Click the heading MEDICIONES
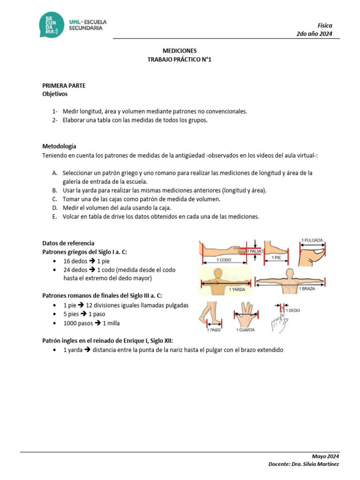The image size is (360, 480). pos(180,51)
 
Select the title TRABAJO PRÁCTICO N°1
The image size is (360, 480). pos(180,60)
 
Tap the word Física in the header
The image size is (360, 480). pos(325,25)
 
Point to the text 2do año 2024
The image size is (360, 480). pos(315,34)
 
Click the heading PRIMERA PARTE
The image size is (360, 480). pos(64,85)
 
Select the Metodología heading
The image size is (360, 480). pos(59,146)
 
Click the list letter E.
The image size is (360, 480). pos(54,217)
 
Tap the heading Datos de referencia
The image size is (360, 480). pos(68,243)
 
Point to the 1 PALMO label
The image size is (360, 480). pos(255,252)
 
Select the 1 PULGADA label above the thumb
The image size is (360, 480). pos(311,240)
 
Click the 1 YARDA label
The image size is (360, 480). pos(238,290)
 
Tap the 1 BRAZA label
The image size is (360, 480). pos(307,289)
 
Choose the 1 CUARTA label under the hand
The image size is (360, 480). pos(246,330)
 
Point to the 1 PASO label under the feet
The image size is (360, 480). pos(214,330)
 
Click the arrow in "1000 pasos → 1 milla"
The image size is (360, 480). pos(98,323)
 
